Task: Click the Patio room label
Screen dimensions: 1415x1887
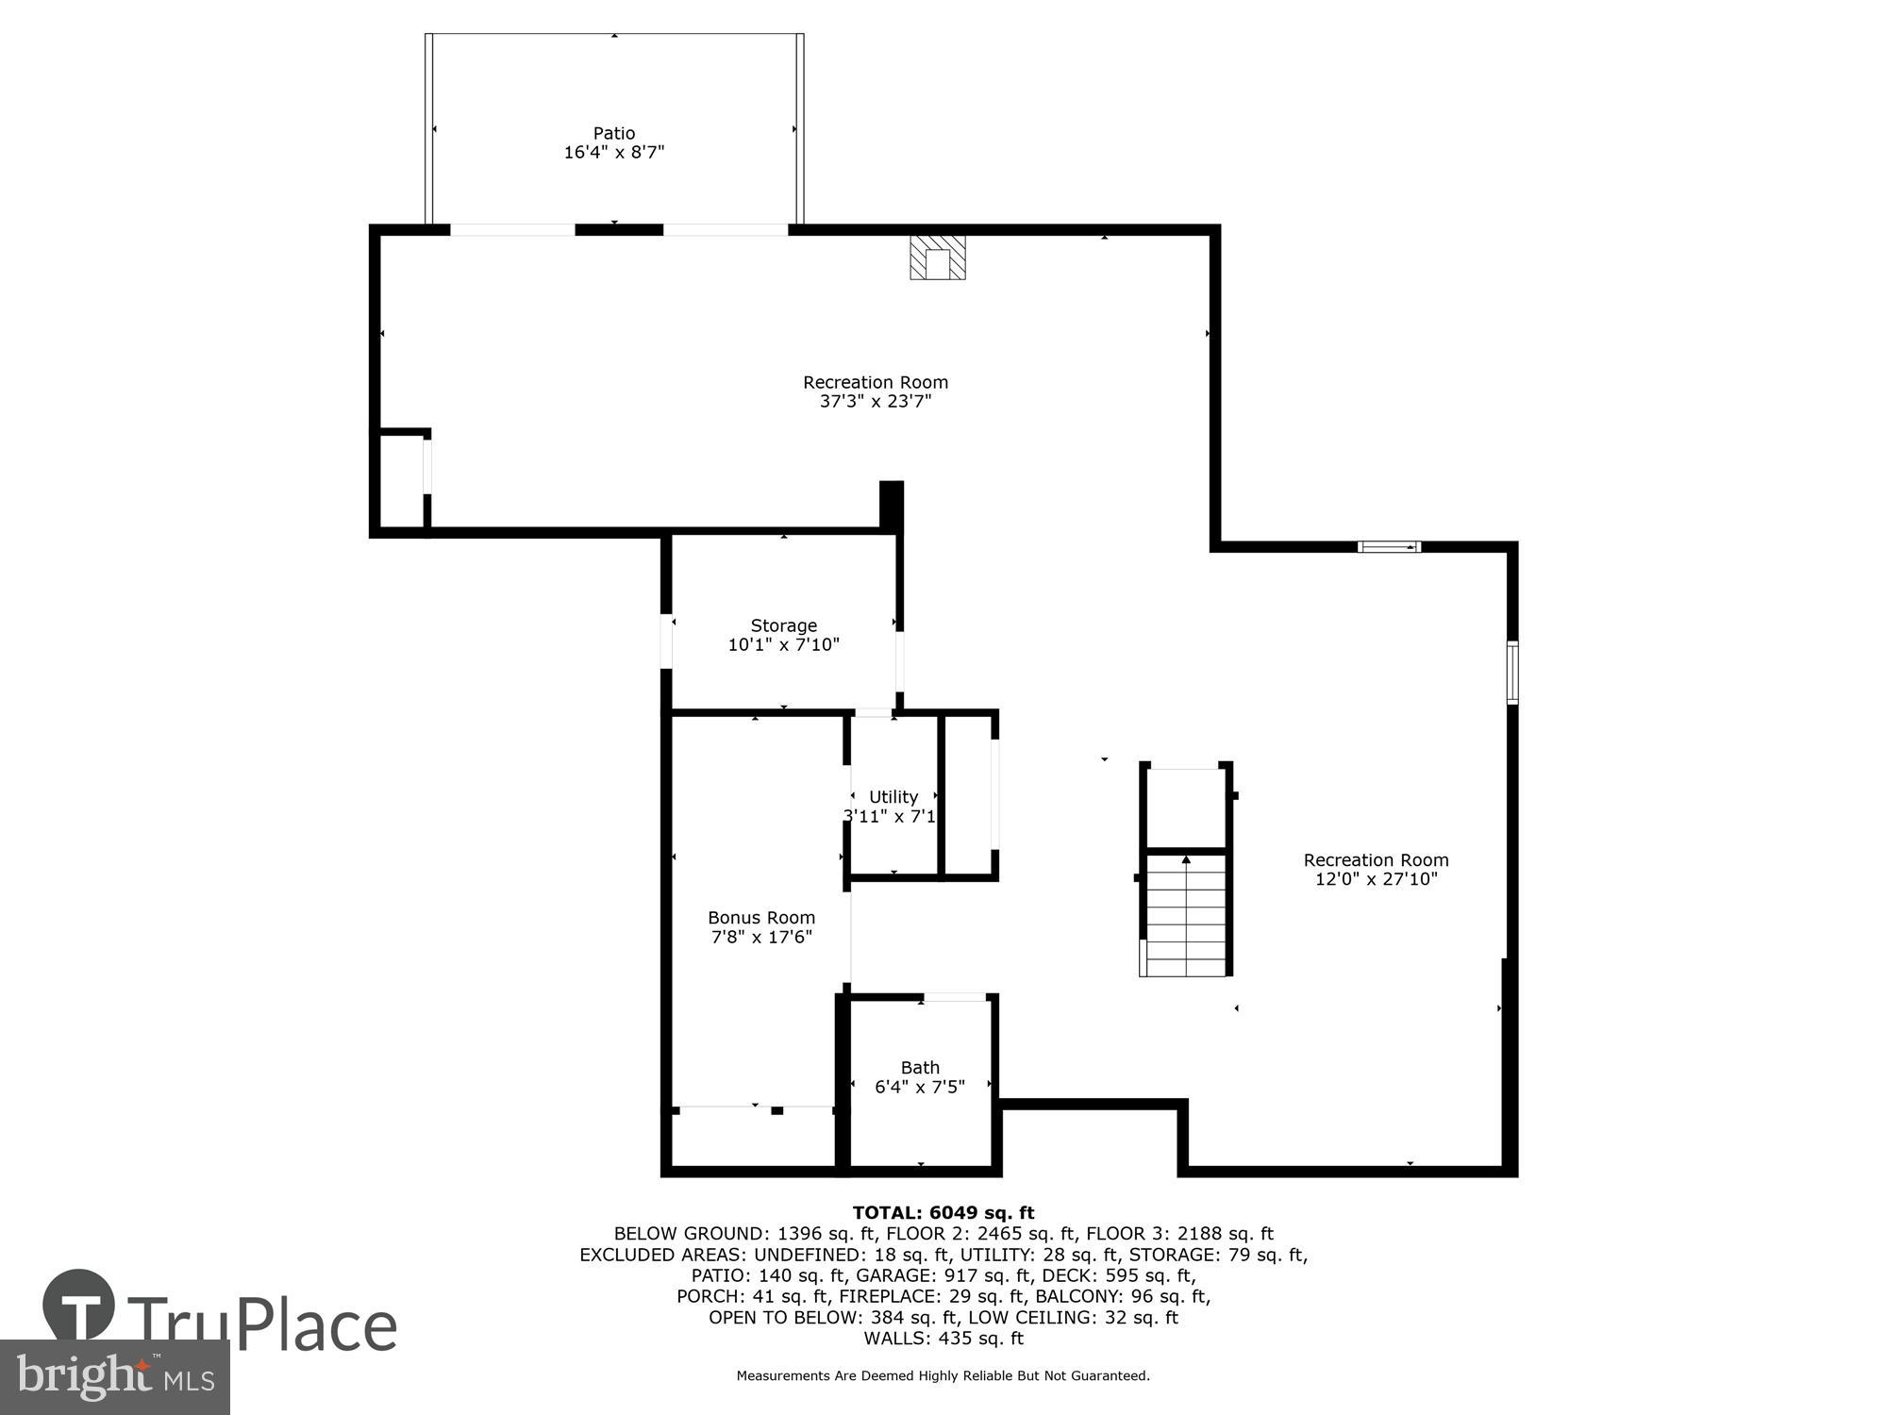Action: tap(613, 133)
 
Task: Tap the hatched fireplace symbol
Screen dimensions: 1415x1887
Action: tap(938, 258)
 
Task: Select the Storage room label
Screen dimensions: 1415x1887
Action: tap(783, 625)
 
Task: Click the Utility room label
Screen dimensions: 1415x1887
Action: tap(893, 796)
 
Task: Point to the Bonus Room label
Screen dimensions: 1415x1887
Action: tap(760, 917)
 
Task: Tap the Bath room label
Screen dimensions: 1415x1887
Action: tap(920, 1067)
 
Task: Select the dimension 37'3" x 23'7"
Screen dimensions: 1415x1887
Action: tap(875, 401)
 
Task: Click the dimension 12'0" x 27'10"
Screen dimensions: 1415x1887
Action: tap(1376, 879)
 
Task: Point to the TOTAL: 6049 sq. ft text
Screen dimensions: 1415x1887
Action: tap(943, 1213)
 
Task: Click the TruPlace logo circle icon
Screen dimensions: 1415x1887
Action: tap(78, 1307)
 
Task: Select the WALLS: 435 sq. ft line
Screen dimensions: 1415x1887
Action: tap(943, 1338)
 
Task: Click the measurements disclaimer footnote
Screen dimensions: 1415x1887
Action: tap(943, 1376)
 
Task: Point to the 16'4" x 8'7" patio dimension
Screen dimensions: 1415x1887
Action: tap(613, 152)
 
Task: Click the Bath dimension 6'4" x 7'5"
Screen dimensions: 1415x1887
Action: tap(920, 1087)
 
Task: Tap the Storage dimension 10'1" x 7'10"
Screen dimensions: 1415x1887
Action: tap(783, 645)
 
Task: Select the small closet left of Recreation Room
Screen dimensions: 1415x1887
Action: tap(401, 481)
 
